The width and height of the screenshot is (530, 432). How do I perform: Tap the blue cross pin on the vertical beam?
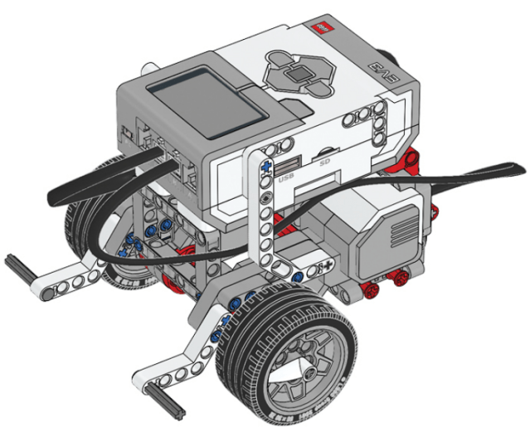pos(265,169)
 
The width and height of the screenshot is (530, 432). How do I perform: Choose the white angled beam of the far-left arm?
pos(71,277)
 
